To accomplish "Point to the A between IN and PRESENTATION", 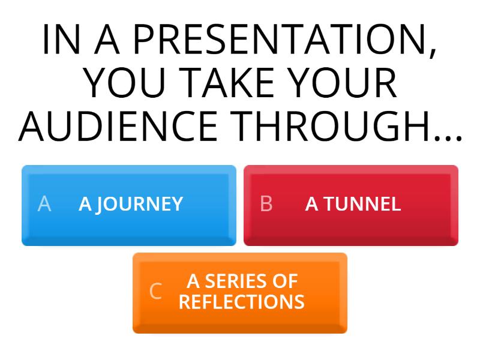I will pos(107,41).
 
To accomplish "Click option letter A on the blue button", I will pos(44,205).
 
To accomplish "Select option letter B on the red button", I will pos(266,205).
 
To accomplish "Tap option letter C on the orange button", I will pos(155,292).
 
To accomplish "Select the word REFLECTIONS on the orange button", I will pos(241,302).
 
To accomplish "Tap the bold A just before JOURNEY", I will pos(85,205).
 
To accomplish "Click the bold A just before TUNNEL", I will pos(312,205).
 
